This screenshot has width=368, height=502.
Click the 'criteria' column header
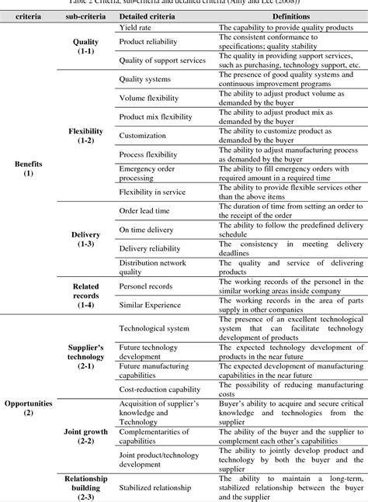[x=29, y=15]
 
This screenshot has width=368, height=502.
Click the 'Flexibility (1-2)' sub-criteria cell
[x=85, y=137]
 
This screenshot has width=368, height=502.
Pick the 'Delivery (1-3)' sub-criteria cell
[x=85, y=239]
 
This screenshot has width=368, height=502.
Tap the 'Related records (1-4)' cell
[x=85, y=296]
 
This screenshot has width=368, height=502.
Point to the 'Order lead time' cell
[x=145, y=210]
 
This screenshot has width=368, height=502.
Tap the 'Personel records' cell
[x=146, y=286]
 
